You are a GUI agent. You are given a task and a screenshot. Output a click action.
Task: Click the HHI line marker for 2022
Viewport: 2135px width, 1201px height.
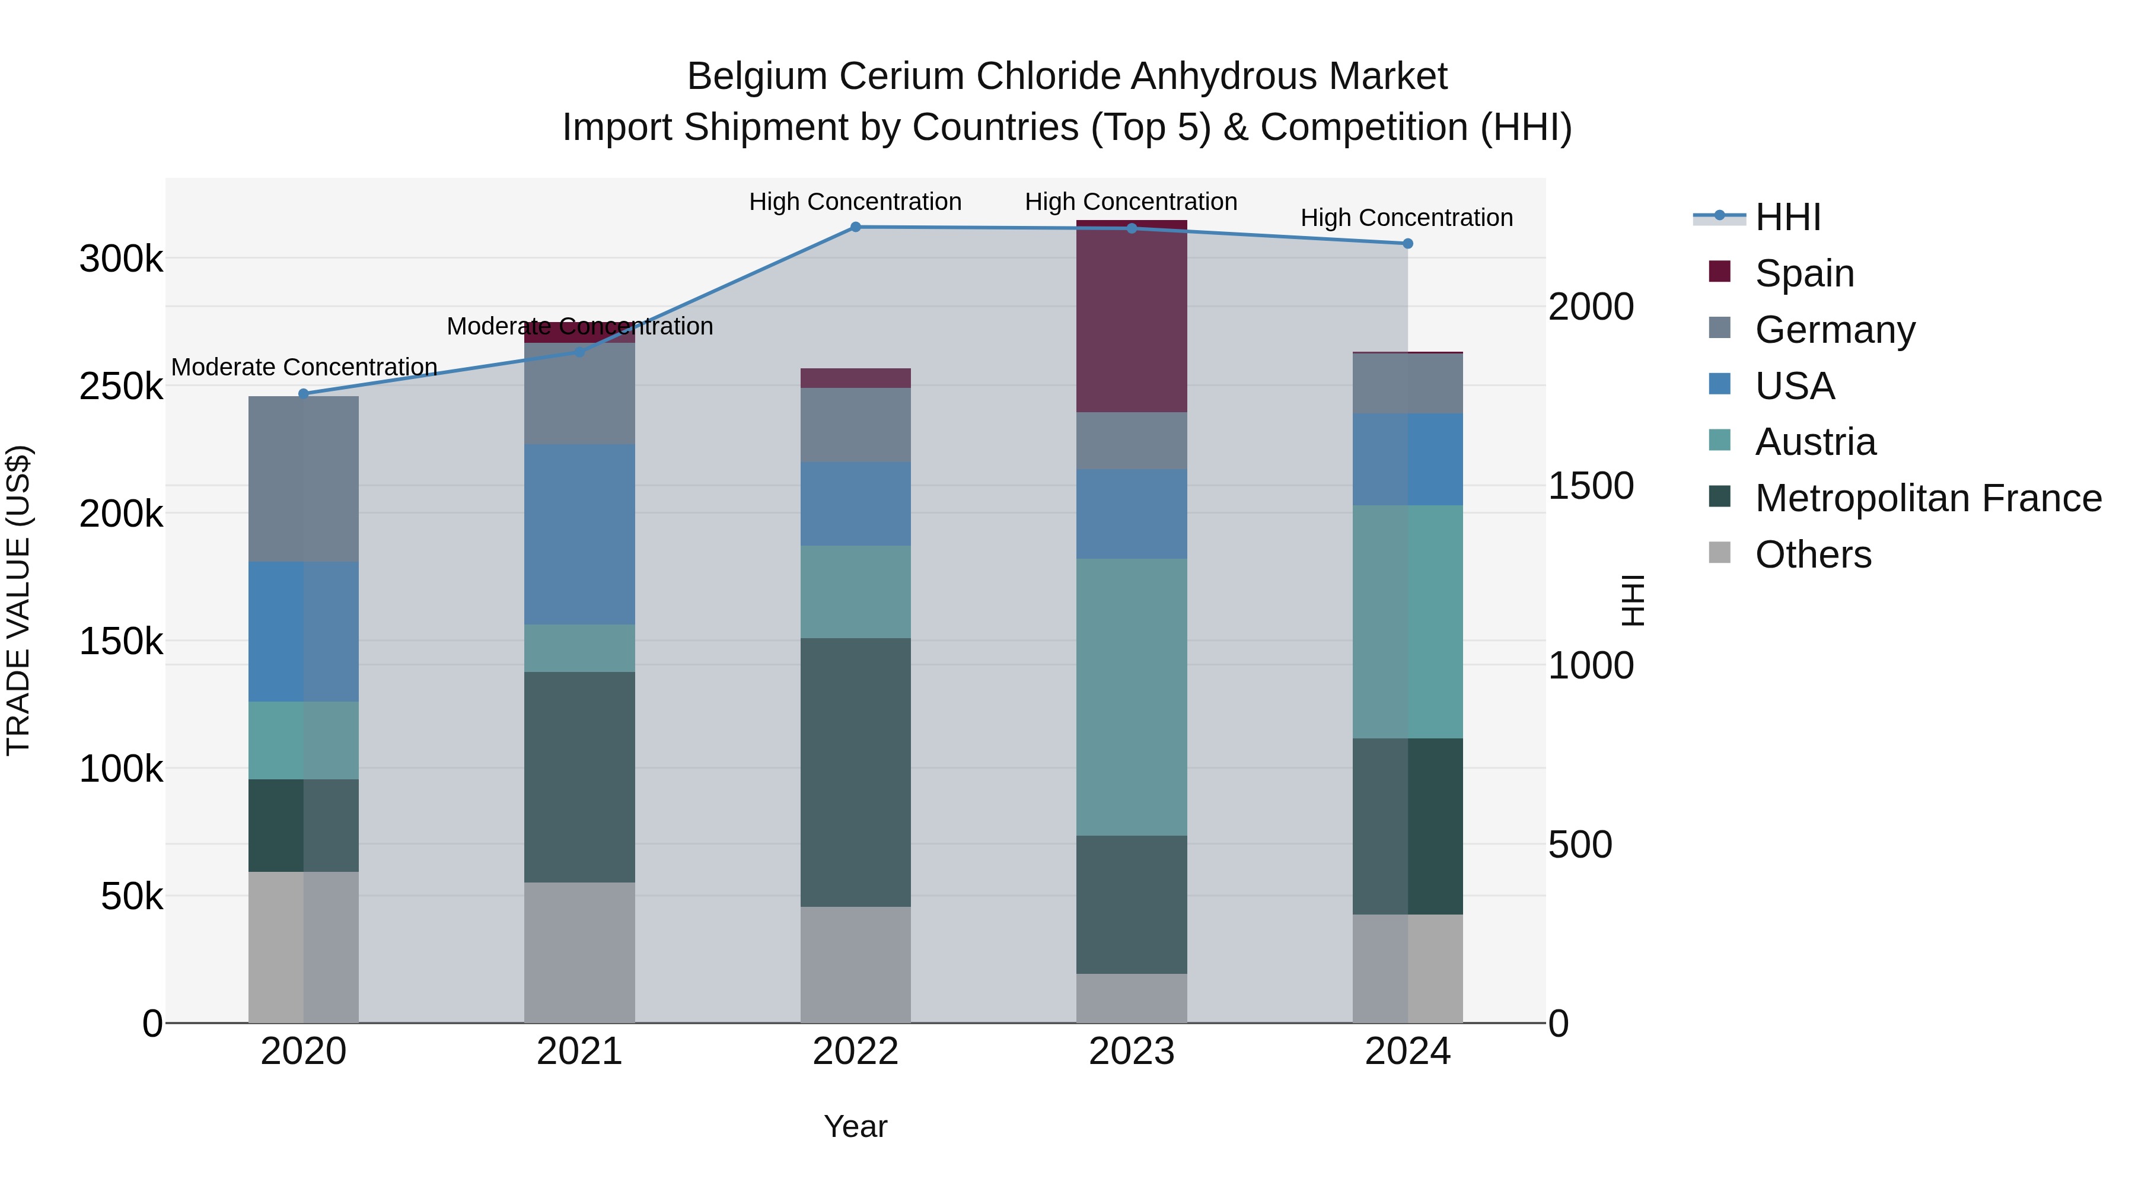coord(855,227)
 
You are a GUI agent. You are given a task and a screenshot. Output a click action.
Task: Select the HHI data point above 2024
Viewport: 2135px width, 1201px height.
coord(1407,244)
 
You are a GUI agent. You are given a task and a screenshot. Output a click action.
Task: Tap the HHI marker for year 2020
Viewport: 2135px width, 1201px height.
coord(303,394)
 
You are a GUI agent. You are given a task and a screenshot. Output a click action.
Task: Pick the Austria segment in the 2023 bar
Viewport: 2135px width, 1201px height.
coord(1132,696)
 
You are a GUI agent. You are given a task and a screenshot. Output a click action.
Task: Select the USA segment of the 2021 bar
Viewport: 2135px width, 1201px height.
coord(579,534)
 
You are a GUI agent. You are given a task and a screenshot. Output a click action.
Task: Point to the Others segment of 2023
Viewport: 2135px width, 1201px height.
coord(1132,998)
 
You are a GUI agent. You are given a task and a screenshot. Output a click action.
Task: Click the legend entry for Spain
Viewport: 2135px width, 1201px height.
coord(1804,273)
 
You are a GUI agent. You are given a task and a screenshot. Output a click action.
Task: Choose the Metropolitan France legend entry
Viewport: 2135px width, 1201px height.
coord(1928,498)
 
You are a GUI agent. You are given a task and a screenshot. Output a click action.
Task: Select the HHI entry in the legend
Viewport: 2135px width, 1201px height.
coord(1787,217)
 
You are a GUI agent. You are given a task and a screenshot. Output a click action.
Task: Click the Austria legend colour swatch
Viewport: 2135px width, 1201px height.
coord(1720,441)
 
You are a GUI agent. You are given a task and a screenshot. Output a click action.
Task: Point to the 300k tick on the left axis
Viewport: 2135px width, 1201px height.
coord(121,259)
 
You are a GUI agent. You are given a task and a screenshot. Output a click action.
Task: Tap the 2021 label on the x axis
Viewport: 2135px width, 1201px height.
coord(579,1052)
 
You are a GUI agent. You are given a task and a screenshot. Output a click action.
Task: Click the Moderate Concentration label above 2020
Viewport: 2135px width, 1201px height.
coord(303,367)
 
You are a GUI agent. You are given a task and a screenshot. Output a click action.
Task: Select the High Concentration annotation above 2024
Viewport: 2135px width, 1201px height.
coord(1407,217)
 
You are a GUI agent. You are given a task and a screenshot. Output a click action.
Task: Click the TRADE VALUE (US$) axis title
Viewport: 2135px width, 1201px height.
coord(18,600)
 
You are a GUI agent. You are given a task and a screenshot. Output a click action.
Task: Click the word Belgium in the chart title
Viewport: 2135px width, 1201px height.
coord(757,77)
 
